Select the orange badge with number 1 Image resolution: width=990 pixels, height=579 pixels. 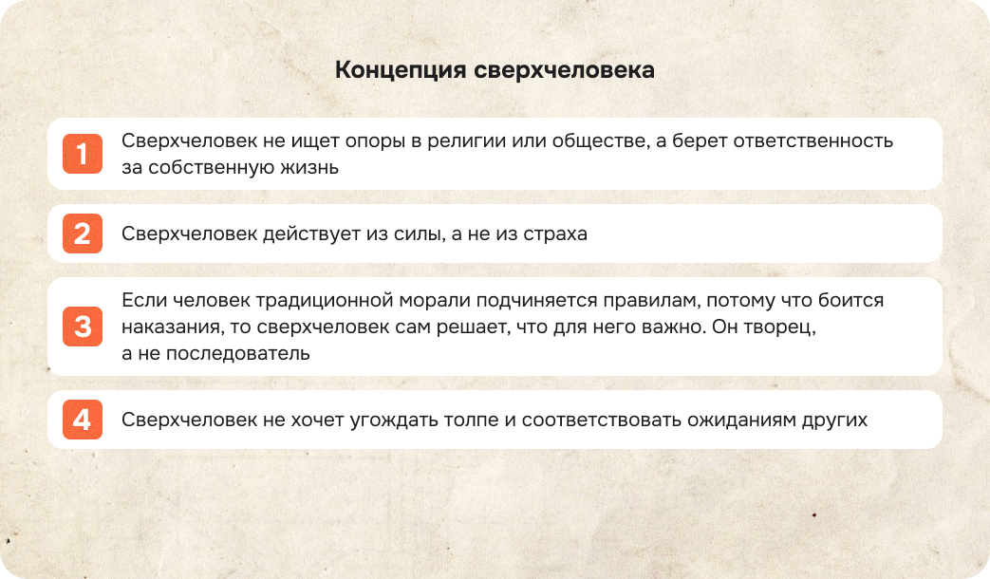pos(83,155)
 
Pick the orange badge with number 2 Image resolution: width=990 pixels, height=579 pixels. pos(83,233)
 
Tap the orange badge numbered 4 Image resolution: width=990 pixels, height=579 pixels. pos(83,420)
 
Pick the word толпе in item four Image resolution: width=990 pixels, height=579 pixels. pos(467,420)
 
